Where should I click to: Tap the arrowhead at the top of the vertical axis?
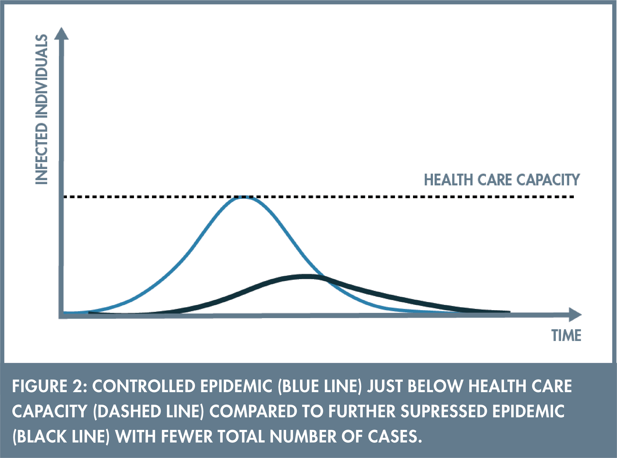tap(61, 33)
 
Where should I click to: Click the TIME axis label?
tap(566, 336)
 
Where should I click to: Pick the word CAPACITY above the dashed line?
tap(548, 180)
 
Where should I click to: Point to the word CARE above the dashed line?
tap(495, 180)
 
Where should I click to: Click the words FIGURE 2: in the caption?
tap(50, 386)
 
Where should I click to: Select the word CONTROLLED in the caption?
tap(144, 386)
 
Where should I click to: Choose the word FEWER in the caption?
tap(187, 436)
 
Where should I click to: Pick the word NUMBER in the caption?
tap(303, 436)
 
